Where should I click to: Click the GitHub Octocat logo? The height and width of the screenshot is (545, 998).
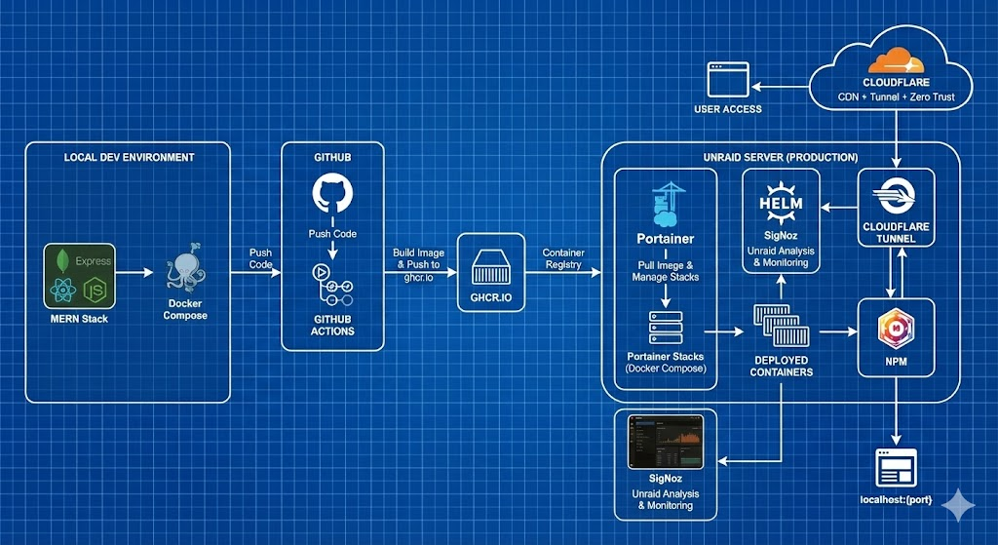click(x=332, y=193)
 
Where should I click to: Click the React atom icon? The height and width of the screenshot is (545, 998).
click(x=65, y=290)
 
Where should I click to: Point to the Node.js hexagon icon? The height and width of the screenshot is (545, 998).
click(x=96, y=290)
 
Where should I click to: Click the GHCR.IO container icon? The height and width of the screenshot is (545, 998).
click(x=491, y=266)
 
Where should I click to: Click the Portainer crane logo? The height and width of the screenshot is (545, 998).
click(x=665, y=204)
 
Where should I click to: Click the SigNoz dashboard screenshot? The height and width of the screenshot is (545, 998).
click(x=666, y=444)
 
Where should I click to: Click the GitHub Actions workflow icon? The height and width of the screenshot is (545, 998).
click(x=332, y=286)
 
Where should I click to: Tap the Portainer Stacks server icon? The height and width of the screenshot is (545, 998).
click(x=665, y=331)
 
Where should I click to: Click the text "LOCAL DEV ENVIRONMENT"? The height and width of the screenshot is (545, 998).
click(x=130, y=157)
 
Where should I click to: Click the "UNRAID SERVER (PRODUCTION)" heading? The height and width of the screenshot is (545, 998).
click(x=780, y=157)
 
